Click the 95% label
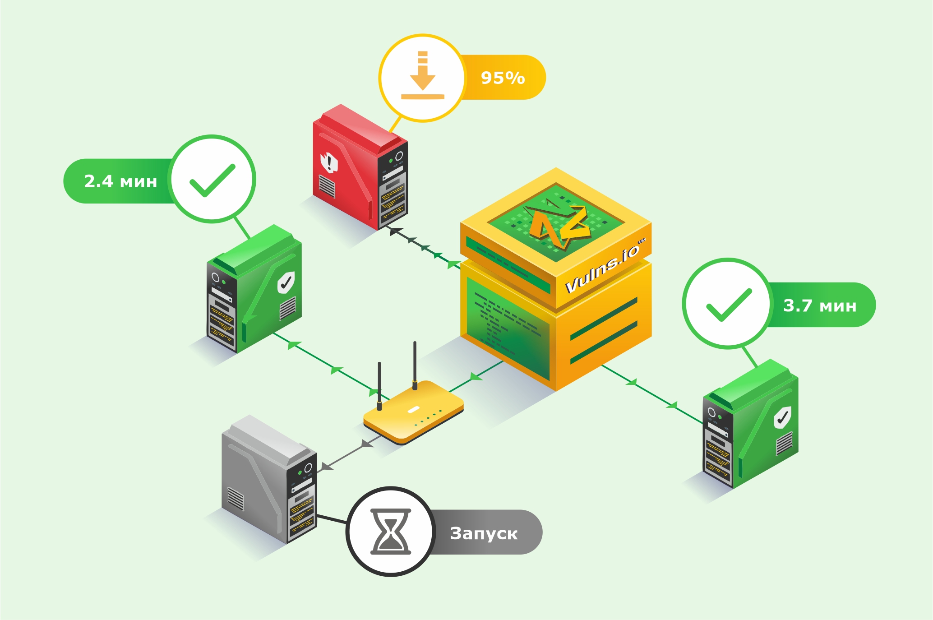503,78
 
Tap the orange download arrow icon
423,75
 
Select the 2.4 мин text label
120,181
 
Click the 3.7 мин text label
820,305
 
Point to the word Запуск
484,533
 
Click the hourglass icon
391,532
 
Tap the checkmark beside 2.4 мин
212,180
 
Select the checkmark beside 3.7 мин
729,305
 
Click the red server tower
360,167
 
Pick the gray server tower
269,479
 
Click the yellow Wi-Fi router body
414,412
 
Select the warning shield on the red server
329,162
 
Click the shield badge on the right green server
782,417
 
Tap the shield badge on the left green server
286,282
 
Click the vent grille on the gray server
236,499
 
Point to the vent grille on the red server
327,186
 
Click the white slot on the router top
414,410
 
